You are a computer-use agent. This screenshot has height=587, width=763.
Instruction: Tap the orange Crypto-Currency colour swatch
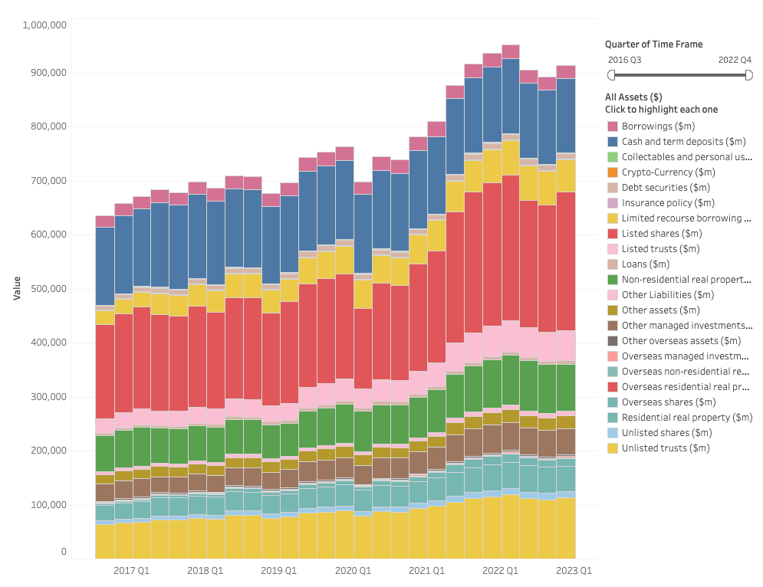613,172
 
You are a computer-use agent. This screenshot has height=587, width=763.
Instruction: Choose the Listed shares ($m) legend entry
661,234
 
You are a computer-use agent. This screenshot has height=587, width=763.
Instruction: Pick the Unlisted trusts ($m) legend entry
665,448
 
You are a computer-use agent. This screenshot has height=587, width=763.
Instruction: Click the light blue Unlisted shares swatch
613,433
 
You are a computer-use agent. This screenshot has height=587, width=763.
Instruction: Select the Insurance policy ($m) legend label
668,203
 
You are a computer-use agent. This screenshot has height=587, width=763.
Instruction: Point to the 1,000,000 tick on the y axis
44,25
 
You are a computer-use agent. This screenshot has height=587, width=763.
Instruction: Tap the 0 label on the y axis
64,552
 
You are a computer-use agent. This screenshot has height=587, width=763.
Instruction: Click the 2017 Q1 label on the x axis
132,571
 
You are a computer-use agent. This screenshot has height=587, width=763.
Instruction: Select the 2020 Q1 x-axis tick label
353,571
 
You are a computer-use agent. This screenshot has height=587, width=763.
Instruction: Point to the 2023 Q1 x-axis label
574,571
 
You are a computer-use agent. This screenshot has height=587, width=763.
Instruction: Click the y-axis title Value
16,289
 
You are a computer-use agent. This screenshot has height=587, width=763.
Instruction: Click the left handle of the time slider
611,74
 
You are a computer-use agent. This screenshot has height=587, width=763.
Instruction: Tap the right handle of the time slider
748,74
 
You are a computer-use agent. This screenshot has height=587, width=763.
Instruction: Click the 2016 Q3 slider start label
624,59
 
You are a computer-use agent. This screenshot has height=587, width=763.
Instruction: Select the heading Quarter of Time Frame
653,44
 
